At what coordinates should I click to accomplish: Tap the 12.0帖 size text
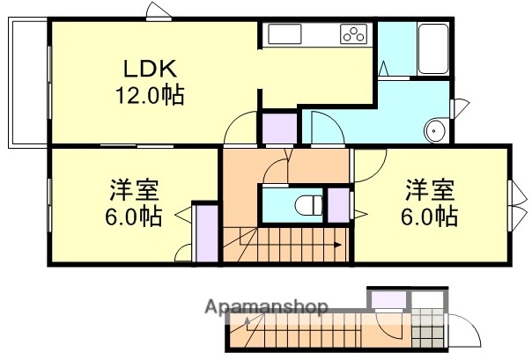pyautogui.click(x=147, y=94)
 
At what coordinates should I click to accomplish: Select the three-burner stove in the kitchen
pyautogui.click(x=353, y=36)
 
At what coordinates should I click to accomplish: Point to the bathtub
pyautogui.click(x=432, y=51)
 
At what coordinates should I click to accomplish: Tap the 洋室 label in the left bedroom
pyautogui.click(x=135, y=190)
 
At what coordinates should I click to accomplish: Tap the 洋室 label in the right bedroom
pyautogui.click(x=430, y=188)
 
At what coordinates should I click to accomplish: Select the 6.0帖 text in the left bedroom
pyautogui.click(x=135, y=217)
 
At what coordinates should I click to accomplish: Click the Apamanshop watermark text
pyautogui.click(x=266, y=307)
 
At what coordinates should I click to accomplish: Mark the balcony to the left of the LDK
pyautogui.click(x=27, y=84)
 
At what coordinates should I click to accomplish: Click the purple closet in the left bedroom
pyautogui.click(x=205, y=234)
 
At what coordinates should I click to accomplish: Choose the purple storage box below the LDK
pyautogui.click(x=281, y=129)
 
